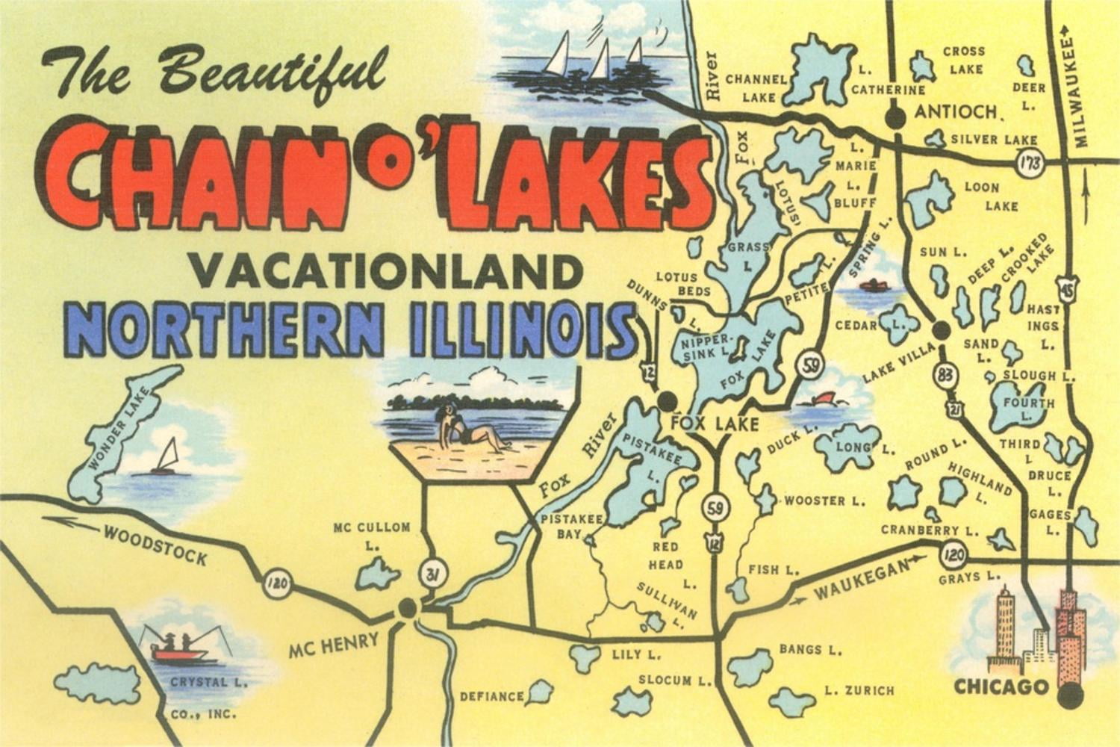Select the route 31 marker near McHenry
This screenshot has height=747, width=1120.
tap(429, 574)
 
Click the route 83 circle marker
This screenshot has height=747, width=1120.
tap(946, 375)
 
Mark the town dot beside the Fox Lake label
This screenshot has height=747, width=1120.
tap(666, 401)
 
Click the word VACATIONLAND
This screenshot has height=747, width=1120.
tap(385, 271)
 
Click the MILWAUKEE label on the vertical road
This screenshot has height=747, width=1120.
tap(1083, 90)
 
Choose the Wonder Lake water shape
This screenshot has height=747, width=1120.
tap(116, 437)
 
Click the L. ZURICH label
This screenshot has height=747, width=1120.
tap(859, 690)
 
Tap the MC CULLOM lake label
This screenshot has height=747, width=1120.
tap(371, 527)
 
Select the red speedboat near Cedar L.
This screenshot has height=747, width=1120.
tap(871, 285)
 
